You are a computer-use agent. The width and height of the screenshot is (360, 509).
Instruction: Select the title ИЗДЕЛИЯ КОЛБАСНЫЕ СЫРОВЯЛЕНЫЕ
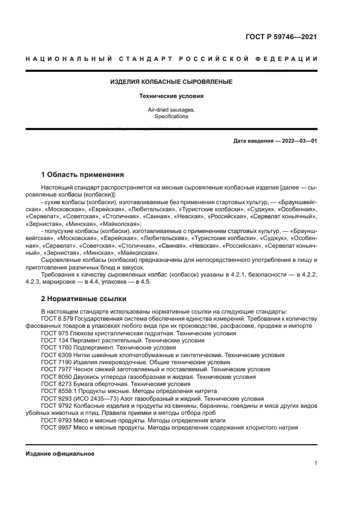point(172,82)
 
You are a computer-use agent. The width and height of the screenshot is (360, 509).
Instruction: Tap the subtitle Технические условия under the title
point(172,96)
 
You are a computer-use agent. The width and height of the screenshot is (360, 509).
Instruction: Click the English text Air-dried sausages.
point(172,109)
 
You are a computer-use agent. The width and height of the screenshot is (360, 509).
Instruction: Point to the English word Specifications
point(172,116)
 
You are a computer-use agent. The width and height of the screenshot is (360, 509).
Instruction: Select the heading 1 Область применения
point(82,175)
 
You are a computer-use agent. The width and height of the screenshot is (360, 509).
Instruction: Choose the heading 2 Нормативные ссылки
point(83,298)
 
